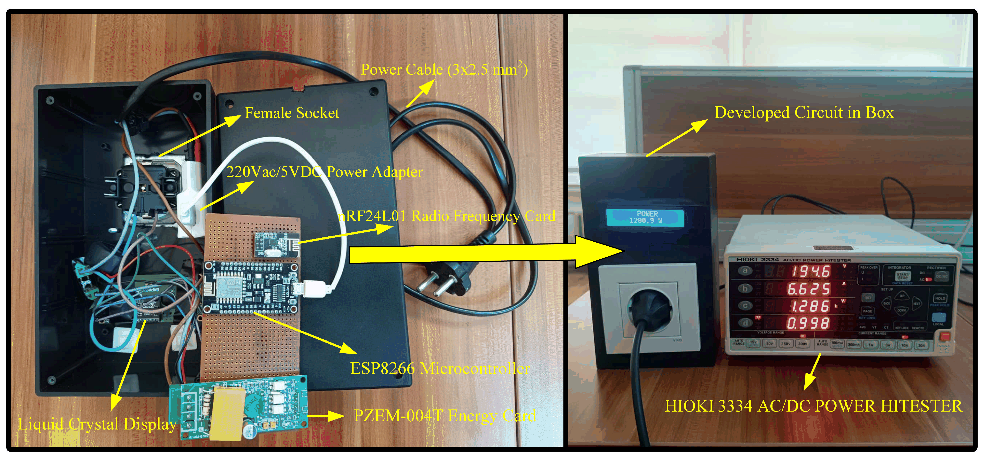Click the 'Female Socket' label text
click(x=292, y=113)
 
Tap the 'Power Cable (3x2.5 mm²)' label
click(x=444, y=69)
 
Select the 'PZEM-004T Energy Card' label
click(x=444, y=416)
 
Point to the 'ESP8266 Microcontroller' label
click(x=440, y=368)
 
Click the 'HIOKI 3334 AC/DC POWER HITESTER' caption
click(x=813, y=406)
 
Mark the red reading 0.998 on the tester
click(x=808, y=323)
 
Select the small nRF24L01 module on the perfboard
click(x=277, y=244)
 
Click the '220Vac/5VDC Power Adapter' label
click(x=324, y=172)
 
